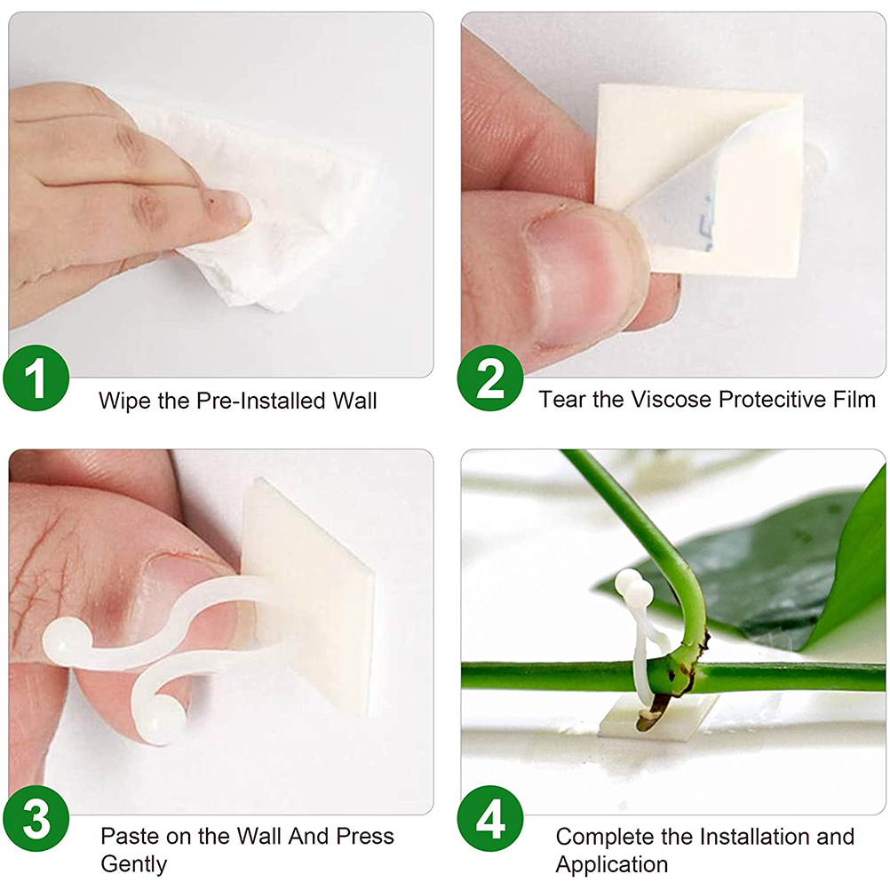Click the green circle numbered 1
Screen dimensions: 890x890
pos(36,377)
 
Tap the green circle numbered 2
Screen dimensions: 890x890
pos(490,377)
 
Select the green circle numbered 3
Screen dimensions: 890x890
pos(36,818)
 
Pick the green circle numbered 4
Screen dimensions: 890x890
pos(490,818)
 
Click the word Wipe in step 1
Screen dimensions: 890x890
pos(125,401)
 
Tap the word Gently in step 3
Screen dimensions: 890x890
pos(134,864)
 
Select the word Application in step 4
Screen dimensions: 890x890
pos(612,864)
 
